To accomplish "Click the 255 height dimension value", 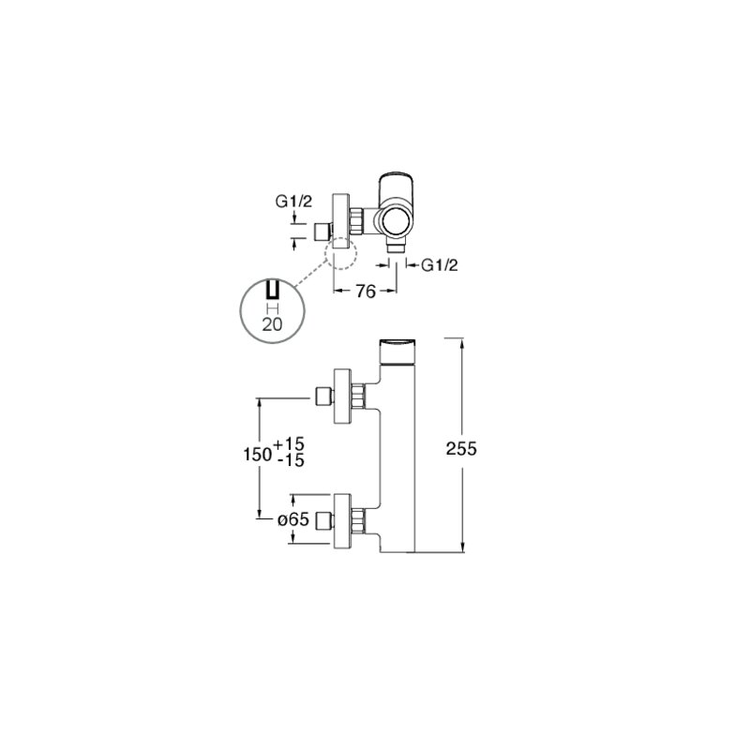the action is [x=461, y=449].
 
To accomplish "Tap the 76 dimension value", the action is [x=366, y=292].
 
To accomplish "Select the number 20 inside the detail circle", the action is [x=272, y=324].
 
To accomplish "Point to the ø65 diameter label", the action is [x=293, y=519].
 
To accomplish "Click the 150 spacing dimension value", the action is [x=258, y=454].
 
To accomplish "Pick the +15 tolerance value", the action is [x=289, y=443].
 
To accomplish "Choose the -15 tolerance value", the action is [x=291, y=460].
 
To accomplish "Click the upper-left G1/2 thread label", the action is [x=293, y=202].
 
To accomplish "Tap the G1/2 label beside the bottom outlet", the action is [x=439, y=264].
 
